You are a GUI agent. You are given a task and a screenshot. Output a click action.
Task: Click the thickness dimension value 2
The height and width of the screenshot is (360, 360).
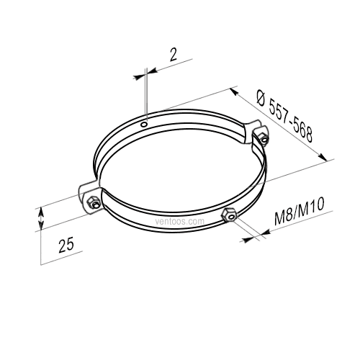coord(173,55)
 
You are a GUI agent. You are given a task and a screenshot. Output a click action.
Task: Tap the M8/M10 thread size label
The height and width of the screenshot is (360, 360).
coord(300,211)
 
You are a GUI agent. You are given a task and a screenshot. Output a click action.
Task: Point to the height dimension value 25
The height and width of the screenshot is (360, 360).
coord(66,245)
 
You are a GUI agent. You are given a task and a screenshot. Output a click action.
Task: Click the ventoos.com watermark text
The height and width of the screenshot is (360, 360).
coord(180,221)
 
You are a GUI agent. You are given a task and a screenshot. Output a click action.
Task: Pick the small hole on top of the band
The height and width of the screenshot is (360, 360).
coord(144,124)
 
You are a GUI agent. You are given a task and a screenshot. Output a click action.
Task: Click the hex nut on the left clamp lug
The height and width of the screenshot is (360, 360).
coord(93,202)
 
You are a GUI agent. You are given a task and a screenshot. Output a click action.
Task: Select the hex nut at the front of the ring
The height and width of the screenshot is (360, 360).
coord(229,215)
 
